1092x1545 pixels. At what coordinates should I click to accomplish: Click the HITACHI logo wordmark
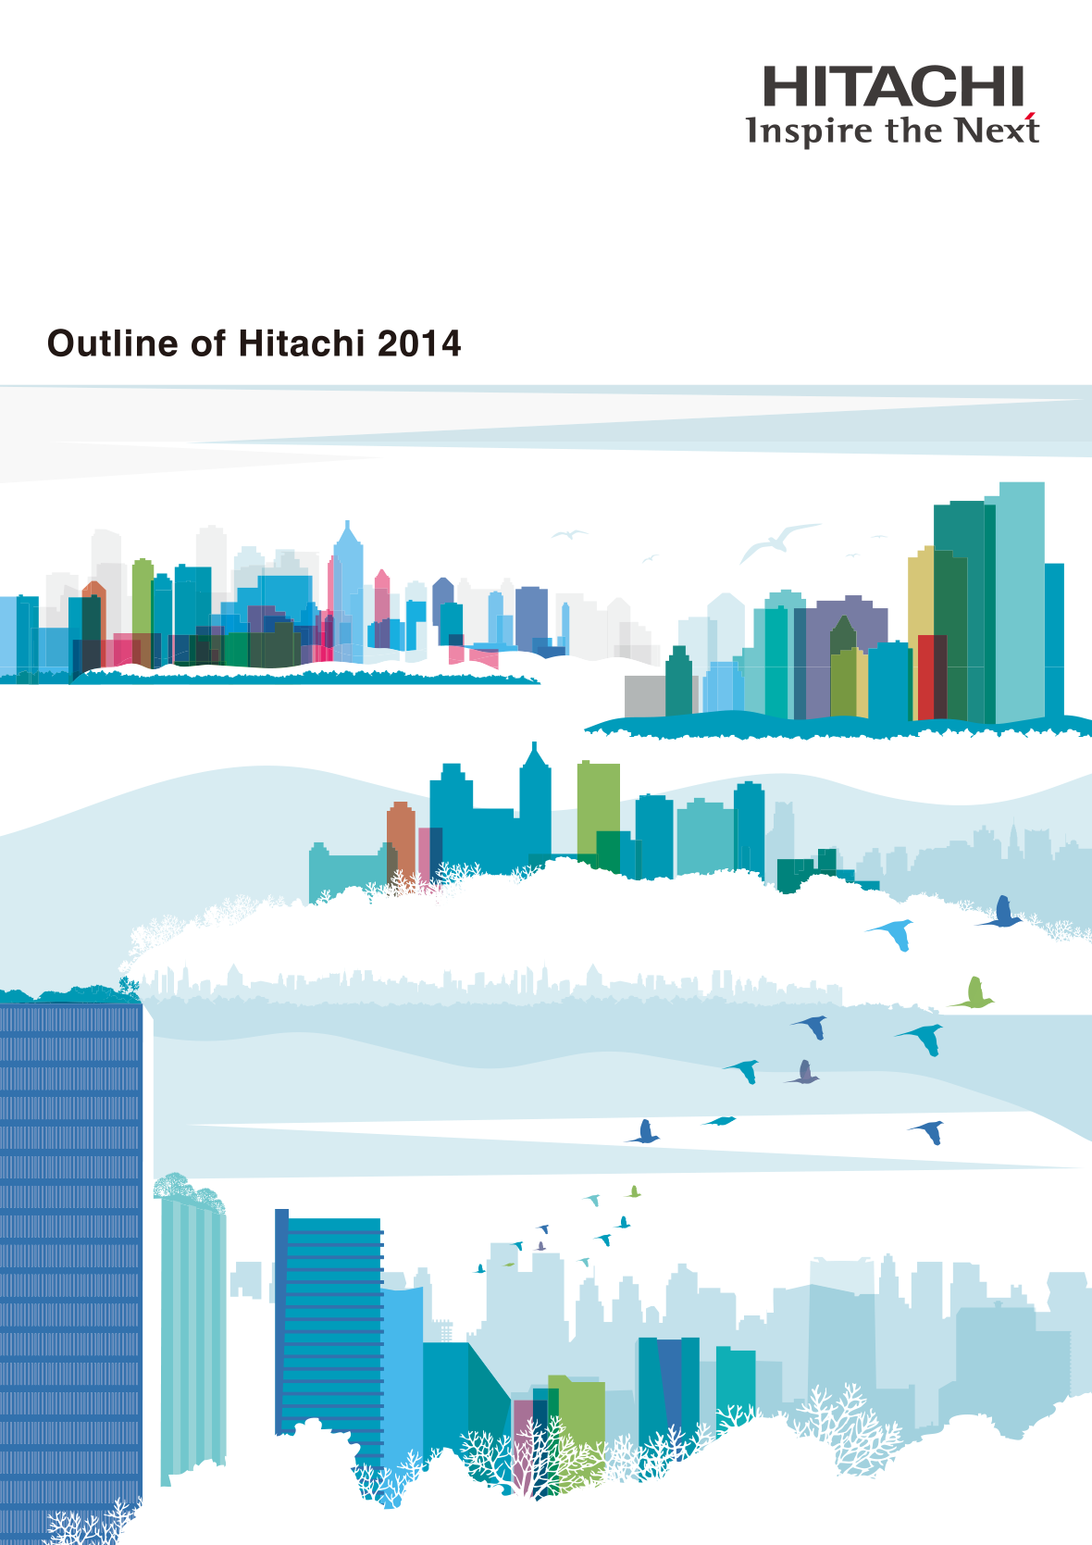tap(893, 86)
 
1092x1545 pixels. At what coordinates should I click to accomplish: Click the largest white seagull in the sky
tap(779, 542)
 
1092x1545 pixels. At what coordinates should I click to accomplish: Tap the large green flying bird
tap(973, 992)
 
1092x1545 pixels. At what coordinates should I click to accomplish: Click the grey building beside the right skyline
tap(645, 696)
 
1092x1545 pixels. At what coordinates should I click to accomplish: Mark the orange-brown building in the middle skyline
tap(402, 841)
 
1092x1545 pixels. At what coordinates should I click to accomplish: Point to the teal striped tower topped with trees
tap(193, 1324)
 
